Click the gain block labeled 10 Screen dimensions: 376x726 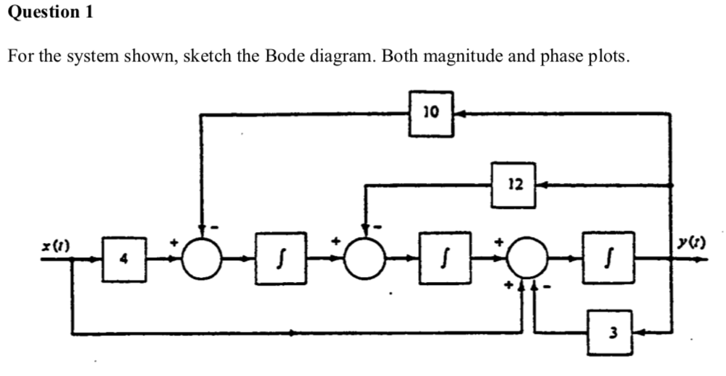(431, 114)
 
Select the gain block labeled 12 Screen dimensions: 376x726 (514, 186)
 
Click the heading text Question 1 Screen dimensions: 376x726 (51, 12)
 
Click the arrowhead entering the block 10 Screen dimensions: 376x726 (458, 114)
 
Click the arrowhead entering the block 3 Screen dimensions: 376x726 (639, 333)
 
